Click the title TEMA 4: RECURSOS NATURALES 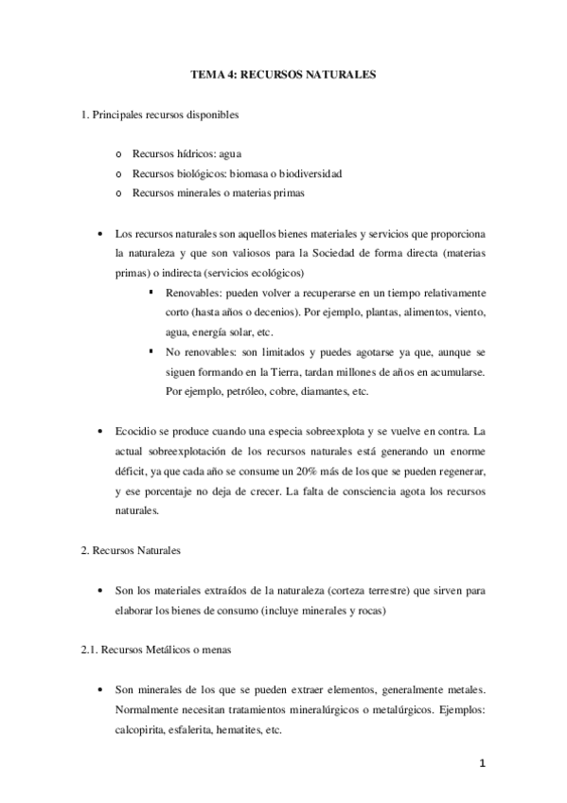point(283,72)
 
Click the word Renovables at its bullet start point(190,294)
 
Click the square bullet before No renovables point(152,349)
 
